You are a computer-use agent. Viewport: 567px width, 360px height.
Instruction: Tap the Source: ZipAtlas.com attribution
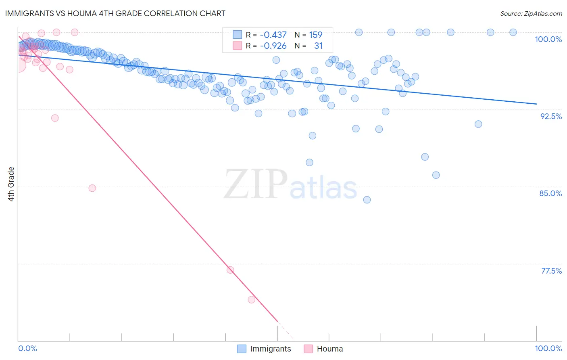(531, 14)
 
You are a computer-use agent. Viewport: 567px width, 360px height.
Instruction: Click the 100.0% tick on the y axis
(548, 39)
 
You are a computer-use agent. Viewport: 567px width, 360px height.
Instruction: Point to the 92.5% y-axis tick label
(551, 116)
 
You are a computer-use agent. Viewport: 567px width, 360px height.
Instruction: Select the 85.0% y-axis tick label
(550, 193)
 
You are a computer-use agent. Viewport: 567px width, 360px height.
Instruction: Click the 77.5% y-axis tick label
(551, 271)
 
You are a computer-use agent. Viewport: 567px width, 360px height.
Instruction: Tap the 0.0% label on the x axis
(27, 348)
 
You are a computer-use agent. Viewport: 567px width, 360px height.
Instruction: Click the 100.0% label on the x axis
(548, 348)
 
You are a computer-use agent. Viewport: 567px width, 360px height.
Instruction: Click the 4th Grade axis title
(11, 184)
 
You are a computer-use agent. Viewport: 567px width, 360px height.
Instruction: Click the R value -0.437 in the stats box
(273, 35)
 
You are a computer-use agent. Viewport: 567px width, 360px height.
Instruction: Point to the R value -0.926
(273, 46)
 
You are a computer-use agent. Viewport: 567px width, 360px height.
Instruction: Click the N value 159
(315, 35)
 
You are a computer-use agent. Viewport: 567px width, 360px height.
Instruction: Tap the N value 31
(318, 46)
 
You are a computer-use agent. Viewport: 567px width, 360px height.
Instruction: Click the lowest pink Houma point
(252, 299)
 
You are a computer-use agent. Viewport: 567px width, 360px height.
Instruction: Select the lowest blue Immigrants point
(367, 200)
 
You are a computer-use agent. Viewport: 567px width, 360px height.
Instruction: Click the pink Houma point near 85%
(92, 188)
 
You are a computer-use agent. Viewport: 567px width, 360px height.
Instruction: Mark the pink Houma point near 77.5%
(230, 270)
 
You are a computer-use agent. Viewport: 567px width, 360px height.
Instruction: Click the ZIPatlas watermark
(290, 185)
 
